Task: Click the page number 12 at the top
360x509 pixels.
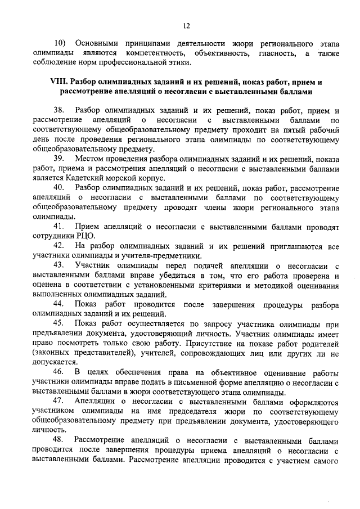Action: (187, 25)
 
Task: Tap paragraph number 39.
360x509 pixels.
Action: (60, 159)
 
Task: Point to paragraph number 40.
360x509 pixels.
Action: (60, 187)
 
